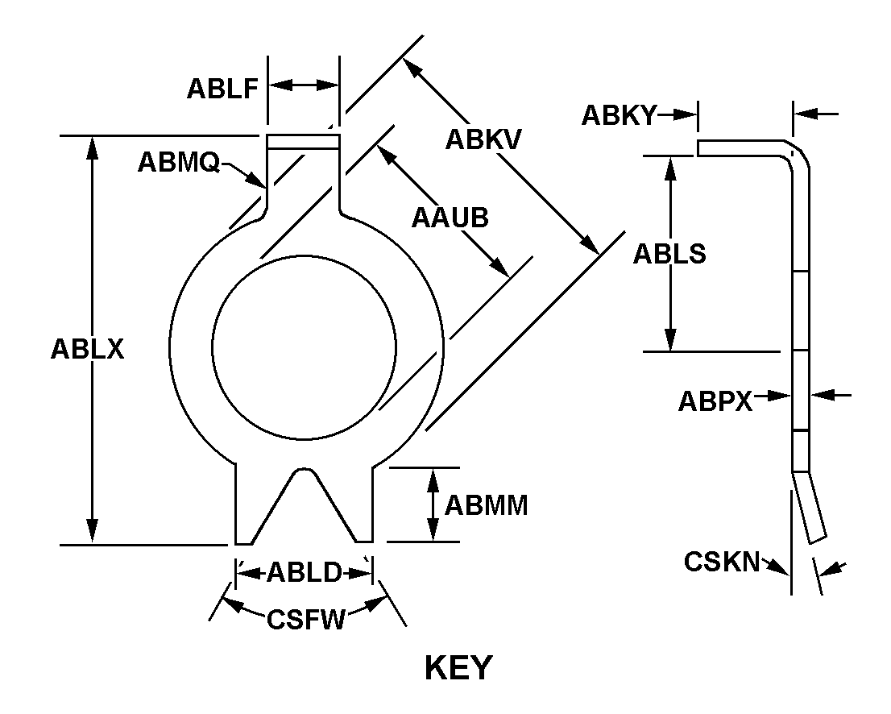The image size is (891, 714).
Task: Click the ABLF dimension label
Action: coord(222,87)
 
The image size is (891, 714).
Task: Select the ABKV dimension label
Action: coord(483,139)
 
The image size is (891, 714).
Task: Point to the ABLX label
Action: coord(87,349)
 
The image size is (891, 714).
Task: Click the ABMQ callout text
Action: coord(178,162)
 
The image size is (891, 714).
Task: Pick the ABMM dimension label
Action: coord(487,505)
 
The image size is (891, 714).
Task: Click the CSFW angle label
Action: coord(306,620)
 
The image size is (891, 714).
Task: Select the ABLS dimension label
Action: coord(669,253)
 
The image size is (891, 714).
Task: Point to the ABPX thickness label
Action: coord(715,400)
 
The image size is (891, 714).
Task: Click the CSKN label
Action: coord(722,561)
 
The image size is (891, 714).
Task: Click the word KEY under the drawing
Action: coord(458,668)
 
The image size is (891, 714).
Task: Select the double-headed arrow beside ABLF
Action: coord(303,85)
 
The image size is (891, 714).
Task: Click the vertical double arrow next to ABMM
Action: coord(433,504)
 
